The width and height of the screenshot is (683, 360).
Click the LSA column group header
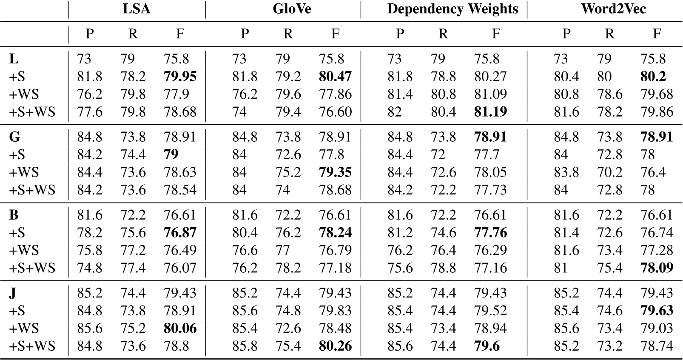pos(137,9)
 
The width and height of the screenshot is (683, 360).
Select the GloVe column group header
pos(292,9)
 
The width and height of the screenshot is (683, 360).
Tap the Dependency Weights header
pos(452,9)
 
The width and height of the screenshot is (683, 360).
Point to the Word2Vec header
pos(613,9)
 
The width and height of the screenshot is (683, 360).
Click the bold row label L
pos(13,59)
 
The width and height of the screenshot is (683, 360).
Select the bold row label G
pos(14,137)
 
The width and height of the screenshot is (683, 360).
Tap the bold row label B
pos(14,215)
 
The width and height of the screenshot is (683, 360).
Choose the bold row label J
pos(13,293)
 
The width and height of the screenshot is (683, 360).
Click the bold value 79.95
pos(180,77)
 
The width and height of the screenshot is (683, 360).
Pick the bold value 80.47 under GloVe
pos(335,77)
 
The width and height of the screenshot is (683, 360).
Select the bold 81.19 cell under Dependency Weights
pos(490,112)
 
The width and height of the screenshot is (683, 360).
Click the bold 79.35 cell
pos(335,172)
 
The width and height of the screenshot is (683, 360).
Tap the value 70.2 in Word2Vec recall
pos(609,172)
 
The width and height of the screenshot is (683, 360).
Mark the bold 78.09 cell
pos(657,268)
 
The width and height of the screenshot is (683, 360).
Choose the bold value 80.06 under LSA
pos(180,329)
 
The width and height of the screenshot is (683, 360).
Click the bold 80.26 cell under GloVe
pos(335,346)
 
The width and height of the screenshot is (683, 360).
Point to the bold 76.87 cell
pos(180,233)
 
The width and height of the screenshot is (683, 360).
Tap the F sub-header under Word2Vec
pos(657,34)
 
